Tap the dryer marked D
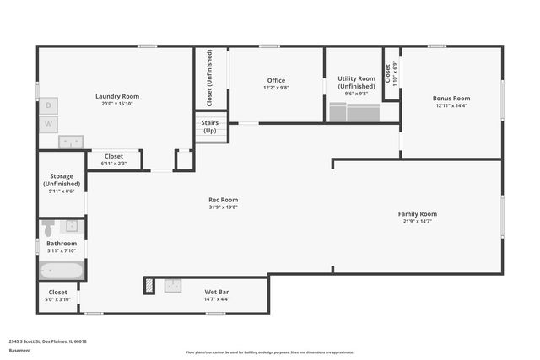pyautogui.click(x=49, y=105)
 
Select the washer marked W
pyautogui.click(x=49, y=125)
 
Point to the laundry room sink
pyautogui.click(x=70, y=141)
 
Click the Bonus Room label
pyautogui.click(x=451, y=98)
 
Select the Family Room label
pyautogui.click(x=418, y=213)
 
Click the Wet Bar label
pyautogui.click(x=216, y=292)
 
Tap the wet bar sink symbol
pyautogui.click(x=173, y=285)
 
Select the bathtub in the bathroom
pyautogui.click(x=62, y=271)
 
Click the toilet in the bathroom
pyautogui.click(x=49, y=228)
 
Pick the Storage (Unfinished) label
pyautogui.click(x=62, y=180)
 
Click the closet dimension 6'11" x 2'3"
pyautogui.click(x=113, y=163)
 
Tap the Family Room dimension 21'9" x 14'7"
pyautogui.click(x=418, y=221)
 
